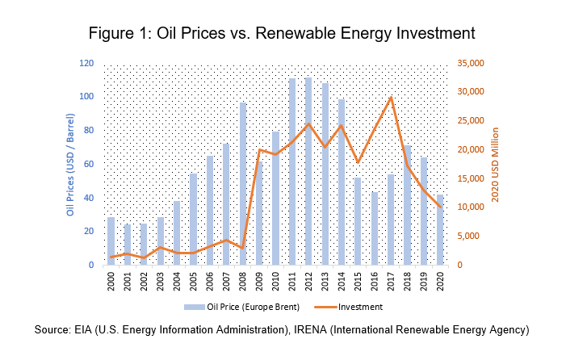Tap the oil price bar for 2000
[x=111, y=241]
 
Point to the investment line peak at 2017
[x=391, y=98]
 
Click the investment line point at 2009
[x=259, y=150]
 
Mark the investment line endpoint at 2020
[x=441, y=207]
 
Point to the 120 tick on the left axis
[x=86, y=64]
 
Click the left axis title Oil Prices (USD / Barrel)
[x=70, y=165]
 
